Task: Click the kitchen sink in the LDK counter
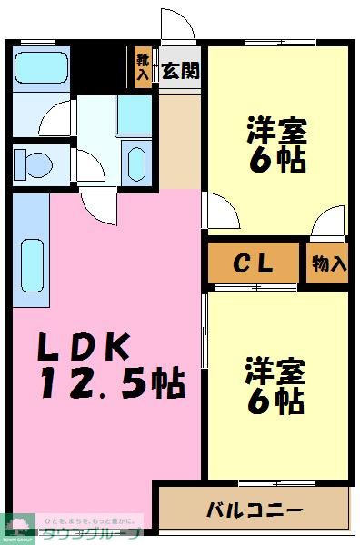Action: [x=31, y=263]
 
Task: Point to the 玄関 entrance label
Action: [x=181, y=72]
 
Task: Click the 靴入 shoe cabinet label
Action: [x=143, y=67]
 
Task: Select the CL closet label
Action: [x=254, y=263]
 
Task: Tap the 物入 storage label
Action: [x=328, y=264]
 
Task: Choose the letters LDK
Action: [x=85, y=348]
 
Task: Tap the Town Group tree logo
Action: [x=17, y=524]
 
